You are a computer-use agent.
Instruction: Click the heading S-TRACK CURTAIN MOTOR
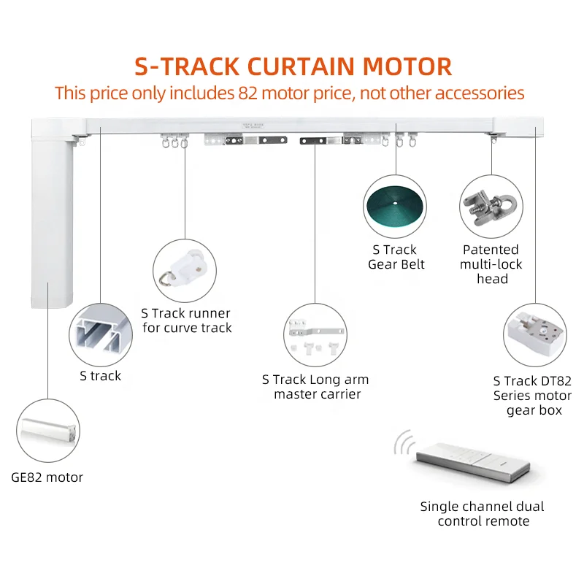click(293, 66)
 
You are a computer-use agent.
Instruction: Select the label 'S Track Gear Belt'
click(396, 257)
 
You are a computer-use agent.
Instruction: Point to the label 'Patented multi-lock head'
click(491, 264)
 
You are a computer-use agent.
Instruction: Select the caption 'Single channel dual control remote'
click(482, 513)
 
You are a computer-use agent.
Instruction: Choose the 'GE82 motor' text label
click(47, 477)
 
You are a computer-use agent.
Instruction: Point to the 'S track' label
click(101, 376)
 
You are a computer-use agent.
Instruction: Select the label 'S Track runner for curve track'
click(187, 320)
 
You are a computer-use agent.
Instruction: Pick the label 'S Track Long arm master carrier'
click(315, 387)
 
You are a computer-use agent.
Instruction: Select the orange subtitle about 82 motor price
click(290, 93)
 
